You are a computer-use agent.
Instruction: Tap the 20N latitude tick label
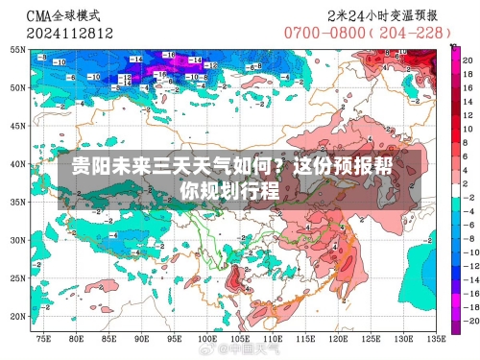[17, 316]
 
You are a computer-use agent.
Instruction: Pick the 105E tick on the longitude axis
[207, 337]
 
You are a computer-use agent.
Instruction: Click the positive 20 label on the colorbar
[468, 60]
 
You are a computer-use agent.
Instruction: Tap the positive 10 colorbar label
[468, 125]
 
